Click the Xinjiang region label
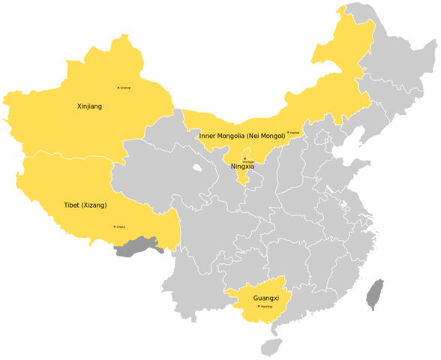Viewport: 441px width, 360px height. coord(90,106)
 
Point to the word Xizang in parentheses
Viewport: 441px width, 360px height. coord(96,205)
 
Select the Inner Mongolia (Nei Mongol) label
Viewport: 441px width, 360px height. coord(242,136)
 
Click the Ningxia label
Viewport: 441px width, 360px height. coord(242,166)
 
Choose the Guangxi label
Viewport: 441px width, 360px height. coord(266,298)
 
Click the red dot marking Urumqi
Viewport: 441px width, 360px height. coord(118,88)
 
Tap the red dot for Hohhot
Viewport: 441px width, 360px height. coord(288,133)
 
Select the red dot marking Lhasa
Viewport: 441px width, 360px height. coord(114,226)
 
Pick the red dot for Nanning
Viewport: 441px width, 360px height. coord(259,306)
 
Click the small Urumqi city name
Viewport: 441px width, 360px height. coord(125,88)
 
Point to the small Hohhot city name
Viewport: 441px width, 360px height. coord(295,133)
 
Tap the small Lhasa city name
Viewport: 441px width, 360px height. coord(121,226)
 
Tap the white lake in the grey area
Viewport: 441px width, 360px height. coord(197,169)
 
